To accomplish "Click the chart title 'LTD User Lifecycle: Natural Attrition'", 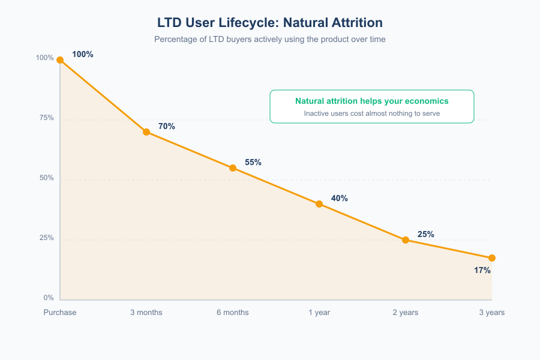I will (x=270, y=23).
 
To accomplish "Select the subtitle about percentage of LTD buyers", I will (x=270, y=40).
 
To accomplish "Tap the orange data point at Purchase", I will (x=60, y=60).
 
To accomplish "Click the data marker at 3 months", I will (x=146, y=132).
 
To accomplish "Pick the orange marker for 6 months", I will (x=233, y=168).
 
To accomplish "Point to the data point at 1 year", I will (x=319, y=204).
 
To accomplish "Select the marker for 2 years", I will (x=406, y=240).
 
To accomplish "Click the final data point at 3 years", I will (x=492, y=258).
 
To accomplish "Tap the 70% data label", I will (x=167, y=127).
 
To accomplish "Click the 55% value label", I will (x=253, y=163).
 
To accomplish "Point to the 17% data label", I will (x=482, y=271).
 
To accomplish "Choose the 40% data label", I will (x=340, y=199).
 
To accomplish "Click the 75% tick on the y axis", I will (x=47, y=118).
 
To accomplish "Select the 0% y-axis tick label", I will (x=49, y=298).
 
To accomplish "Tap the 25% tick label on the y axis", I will (x=47, y=238).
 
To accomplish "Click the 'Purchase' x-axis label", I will (x=60, y=313).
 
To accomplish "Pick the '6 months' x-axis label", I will (x=233, y=313).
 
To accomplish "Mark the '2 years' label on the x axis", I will (x=406, y=313).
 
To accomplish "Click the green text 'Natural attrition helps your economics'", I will (x=372, y=101).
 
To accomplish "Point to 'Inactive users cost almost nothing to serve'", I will (x=372, y=113).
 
